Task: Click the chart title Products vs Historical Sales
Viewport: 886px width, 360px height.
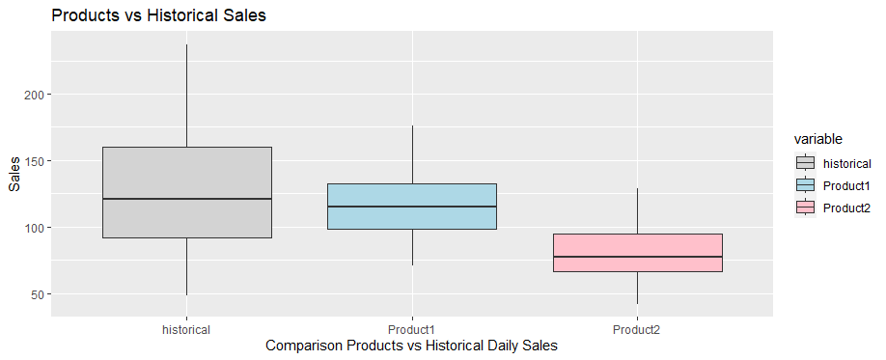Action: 158,15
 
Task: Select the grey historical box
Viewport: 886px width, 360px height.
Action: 186,174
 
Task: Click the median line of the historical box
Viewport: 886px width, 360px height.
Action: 186,199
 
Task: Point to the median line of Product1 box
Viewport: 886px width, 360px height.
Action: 412,207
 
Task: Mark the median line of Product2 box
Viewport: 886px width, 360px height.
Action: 637,257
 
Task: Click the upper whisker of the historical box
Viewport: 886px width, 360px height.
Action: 186,96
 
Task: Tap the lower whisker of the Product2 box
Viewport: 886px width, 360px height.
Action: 637,288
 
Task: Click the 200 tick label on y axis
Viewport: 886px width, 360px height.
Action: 31,95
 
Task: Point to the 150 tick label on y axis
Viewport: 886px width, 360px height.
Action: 31,161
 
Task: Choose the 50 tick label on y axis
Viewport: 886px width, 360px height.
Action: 35,294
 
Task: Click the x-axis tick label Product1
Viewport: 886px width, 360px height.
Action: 412,329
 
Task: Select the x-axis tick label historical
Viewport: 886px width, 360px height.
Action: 186,329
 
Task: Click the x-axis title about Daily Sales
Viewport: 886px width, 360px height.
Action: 412,346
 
